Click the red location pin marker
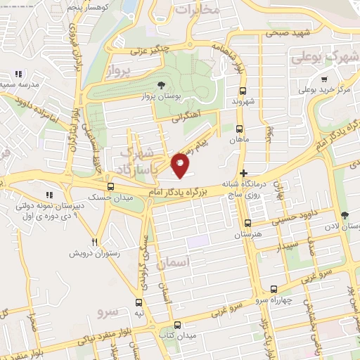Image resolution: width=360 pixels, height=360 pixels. point(180,165)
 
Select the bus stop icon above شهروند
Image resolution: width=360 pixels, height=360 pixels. point(243,91)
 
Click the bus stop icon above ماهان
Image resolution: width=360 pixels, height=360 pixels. point(239,129)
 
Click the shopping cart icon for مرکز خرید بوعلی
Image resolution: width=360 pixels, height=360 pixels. point(323,79)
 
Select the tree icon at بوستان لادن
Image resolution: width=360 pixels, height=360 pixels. point(344,215)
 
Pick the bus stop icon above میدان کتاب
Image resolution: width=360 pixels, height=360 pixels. point(177,325)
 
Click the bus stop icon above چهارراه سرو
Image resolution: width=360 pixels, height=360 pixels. point(273,289)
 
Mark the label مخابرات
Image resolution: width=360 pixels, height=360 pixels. point(196,10)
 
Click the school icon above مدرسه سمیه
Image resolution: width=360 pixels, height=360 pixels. point(18,74)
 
